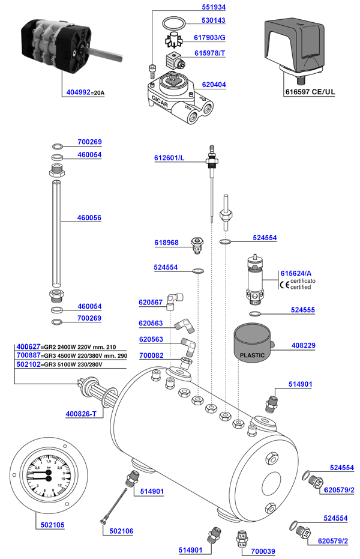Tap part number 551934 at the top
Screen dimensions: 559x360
pos(212,8)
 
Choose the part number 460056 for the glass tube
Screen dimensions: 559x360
pos(89,218)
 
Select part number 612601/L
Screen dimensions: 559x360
pos(169,159)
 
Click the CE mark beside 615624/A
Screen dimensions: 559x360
pos(284,285)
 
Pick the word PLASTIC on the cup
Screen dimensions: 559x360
pos(252,355)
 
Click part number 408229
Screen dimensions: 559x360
pos(303,345)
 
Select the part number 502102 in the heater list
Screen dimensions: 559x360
pos(28,364)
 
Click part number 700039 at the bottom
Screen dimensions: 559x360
pos(263,550)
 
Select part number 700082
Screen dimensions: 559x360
pos(152,356)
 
